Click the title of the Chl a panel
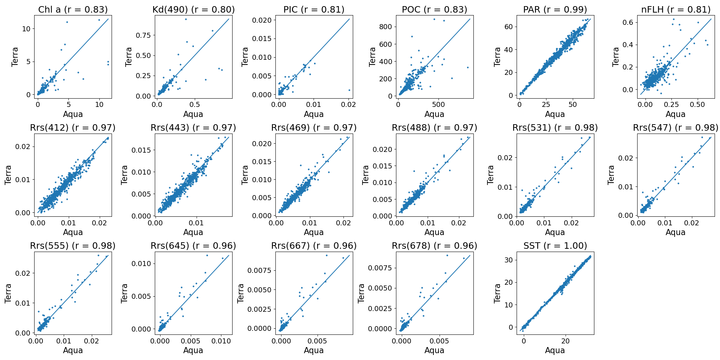73,10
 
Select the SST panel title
555,246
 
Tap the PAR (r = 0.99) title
555,10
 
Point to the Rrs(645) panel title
193,246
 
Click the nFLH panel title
676,10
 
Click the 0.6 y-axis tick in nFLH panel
630,22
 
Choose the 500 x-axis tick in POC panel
438,104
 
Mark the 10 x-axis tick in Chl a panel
99,104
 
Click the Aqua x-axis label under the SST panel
555,350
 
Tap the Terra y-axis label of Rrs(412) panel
8,175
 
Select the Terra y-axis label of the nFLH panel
616,57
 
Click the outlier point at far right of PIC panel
349,90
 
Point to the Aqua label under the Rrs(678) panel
434,350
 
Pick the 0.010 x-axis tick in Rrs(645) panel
221,341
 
